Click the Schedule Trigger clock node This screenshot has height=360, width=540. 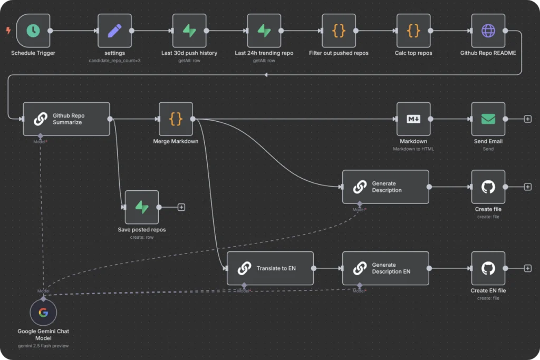pos(33,31)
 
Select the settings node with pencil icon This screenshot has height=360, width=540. pos(114,31)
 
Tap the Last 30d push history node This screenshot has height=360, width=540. pos(189,31)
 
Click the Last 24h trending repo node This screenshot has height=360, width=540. pos(264,31)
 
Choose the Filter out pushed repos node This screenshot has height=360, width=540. pos(339,31)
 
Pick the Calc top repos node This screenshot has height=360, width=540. pos(414,31)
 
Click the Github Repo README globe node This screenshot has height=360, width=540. pos(488,31)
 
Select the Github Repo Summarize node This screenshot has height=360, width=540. pos(66,119)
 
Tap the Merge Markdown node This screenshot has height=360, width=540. pos(176,119)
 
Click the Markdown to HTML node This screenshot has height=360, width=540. pos(414,119)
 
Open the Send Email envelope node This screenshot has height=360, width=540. pos(488,119)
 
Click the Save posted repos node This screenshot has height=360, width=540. pos(142,207)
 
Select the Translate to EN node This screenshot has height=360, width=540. pos(270,268)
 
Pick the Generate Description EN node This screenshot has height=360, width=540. pos(385,268)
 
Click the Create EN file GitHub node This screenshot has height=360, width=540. pos(488,268)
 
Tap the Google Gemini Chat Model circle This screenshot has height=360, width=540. pos(43,313)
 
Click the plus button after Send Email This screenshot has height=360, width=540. pos(527,119)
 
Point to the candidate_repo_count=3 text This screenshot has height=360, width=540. pos(114,61)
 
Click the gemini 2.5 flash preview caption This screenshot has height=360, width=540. pos(43,346)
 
